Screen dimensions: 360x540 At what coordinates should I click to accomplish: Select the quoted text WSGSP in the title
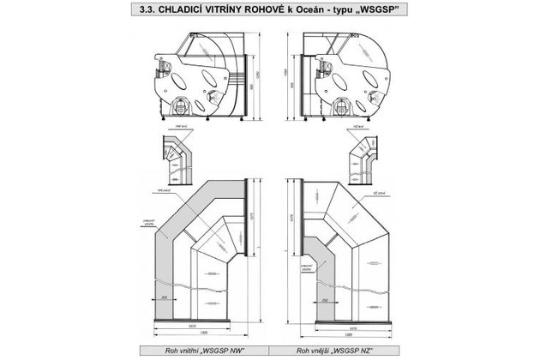click(384, 11)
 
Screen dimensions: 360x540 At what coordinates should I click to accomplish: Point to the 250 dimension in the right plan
click(327, 301)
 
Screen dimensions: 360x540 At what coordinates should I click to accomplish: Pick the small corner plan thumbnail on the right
click(361, 159)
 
